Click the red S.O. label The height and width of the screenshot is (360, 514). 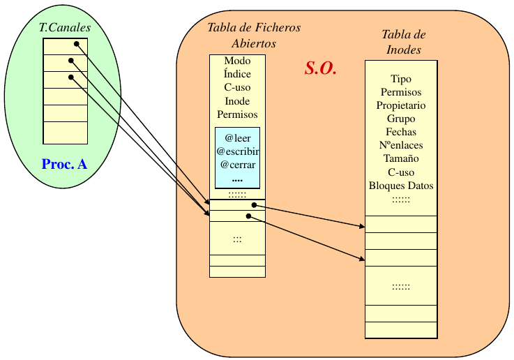pyautogui.click(x=321, y=68)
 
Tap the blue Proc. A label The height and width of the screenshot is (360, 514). pyautogui.click(x=64, y=165)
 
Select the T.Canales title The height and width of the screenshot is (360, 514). pyautogui.click(x=64, y=28)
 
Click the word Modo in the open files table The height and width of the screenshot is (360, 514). pyautogui.click(x=237, y=61)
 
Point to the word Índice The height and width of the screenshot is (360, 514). pyautogui.click(x=237, y=75)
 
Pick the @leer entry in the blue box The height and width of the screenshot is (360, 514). pyautogui.click(x=237, y=138)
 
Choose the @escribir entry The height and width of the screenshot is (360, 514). pyautogui.click(x=237, y=151)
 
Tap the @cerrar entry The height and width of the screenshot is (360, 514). pyautogui.click(x=237, y=165)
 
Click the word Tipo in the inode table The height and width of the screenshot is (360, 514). pyautogui.click(x=401, y=80)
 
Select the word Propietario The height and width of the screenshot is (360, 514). pyautogui.click(x=401, y=106)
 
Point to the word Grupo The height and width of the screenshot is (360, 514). pyautogui.click(x=401, y=119)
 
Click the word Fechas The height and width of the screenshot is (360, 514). pyautogui.click(x=401, y=133)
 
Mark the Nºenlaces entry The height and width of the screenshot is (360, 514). pyautogui.click(x=401, y=146)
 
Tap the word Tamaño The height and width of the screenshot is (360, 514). pyautogui.click(x=401, y=159)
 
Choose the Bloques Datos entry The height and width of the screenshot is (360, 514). pyautogui.click(x=401, y=186)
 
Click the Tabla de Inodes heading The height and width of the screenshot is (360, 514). pyautogui.click(x=404, y=42)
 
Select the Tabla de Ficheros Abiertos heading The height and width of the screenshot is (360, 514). pyautogui.click(x=254, y=35)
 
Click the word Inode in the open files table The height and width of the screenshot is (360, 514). pyautogui.click(x=237, y=101)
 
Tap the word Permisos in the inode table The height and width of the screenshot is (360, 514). pyautogui.click(x=401, y=93)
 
